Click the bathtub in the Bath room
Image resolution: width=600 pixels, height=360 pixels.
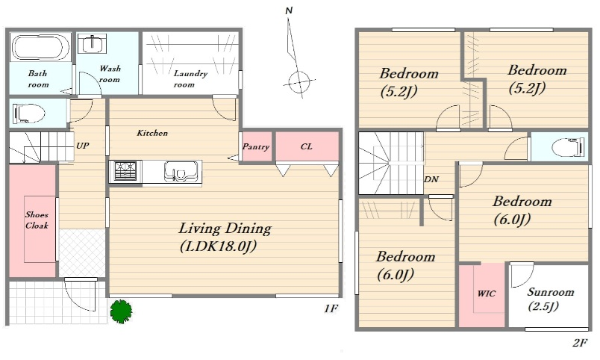pyautogui.click(x=40, y=47)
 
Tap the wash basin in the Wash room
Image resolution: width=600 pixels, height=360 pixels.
pyautogui.click(x=92, y=44)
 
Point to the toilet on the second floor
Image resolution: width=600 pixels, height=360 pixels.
pyautogui.click(x=568, y=147)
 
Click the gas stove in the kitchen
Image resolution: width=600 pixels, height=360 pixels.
pyautogui.click(x=125, y=171)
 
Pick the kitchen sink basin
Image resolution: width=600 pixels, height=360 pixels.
pyautogui.click(x=182, y=171)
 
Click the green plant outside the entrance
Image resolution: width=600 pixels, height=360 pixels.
pyautogui.click(x=122, y=311)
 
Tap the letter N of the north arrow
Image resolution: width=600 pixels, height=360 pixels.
pyautogui.click(x=289, y=10)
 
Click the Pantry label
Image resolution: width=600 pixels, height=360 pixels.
pyautogui.click(x=256, y=146)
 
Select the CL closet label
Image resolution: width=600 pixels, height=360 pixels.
pyautogui.click(x=307, y=146)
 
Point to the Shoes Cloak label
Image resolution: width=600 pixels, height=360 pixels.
pyautogui.click(x=37, y=220)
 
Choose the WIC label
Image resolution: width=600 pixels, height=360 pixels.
pyautogui.click(x=487, y=294)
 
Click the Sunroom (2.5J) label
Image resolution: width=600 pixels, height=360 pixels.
pyautogui.click(x=549, y=299)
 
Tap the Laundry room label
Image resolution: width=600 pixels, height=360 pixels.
pyautogui.click(x=190, y=78)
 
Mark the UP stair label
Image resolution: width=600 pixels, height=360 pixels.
pyautogui.click(x=83, y=146)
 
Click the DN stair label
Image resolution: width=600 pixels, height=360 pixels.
pyautogui.click(x=431, y=179)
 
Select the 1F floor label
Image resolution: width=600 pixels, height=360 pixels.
pyautogui.click(x=331, y=308)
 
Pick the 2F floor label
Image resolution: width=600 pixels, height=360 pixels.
pyautogui.click(x=579, y=343)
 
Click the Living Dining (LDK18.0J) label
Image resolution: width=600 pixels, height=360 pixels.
pyautogui.click(x=225, y=237)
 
